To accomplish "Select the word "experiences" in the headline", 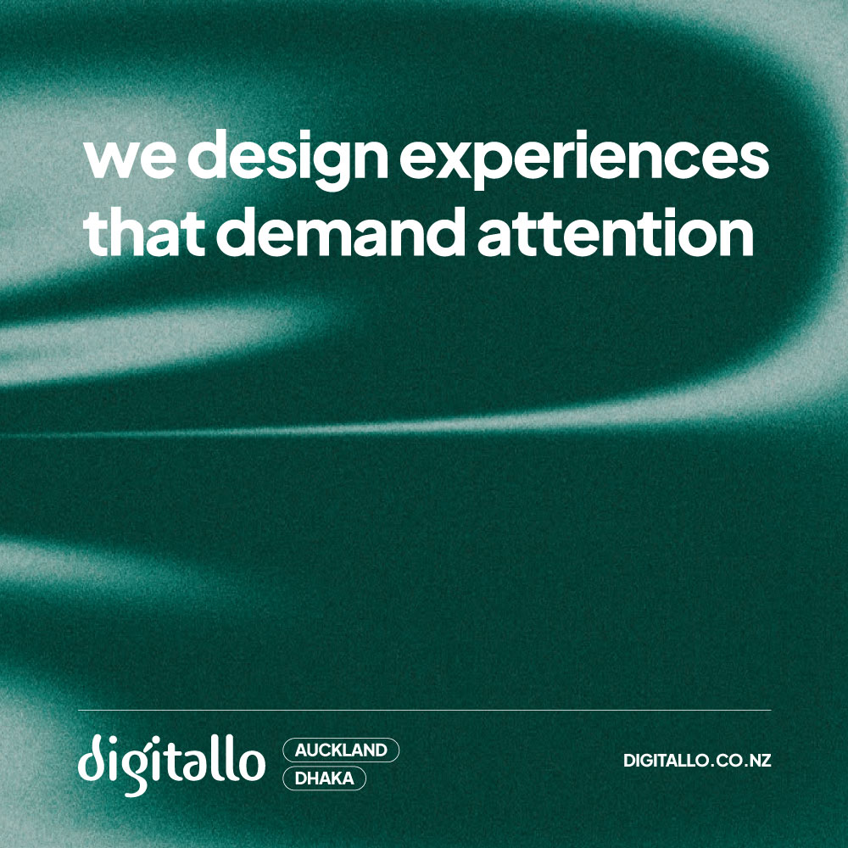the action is (x=584, y=159).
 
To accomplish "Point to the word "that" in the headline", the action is (x=144, y=231).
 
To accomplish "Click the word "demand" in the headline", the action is (x=341, y=231).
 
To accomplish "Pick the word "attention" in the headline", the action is (x=616, y=232).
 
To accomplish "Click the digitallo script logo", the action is (x=171, y=763).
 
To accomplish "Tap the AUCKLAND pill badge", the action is (x=341, y=750).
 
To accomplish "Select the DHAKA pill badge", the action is (x=325, y=778).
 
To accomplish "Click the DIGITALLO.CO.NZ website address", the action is (x=697, y=760).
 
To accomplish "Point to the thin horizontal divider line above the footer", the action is (x=425, y=710).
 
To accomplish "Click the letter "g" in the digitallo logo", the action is (x=135, y=771).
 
